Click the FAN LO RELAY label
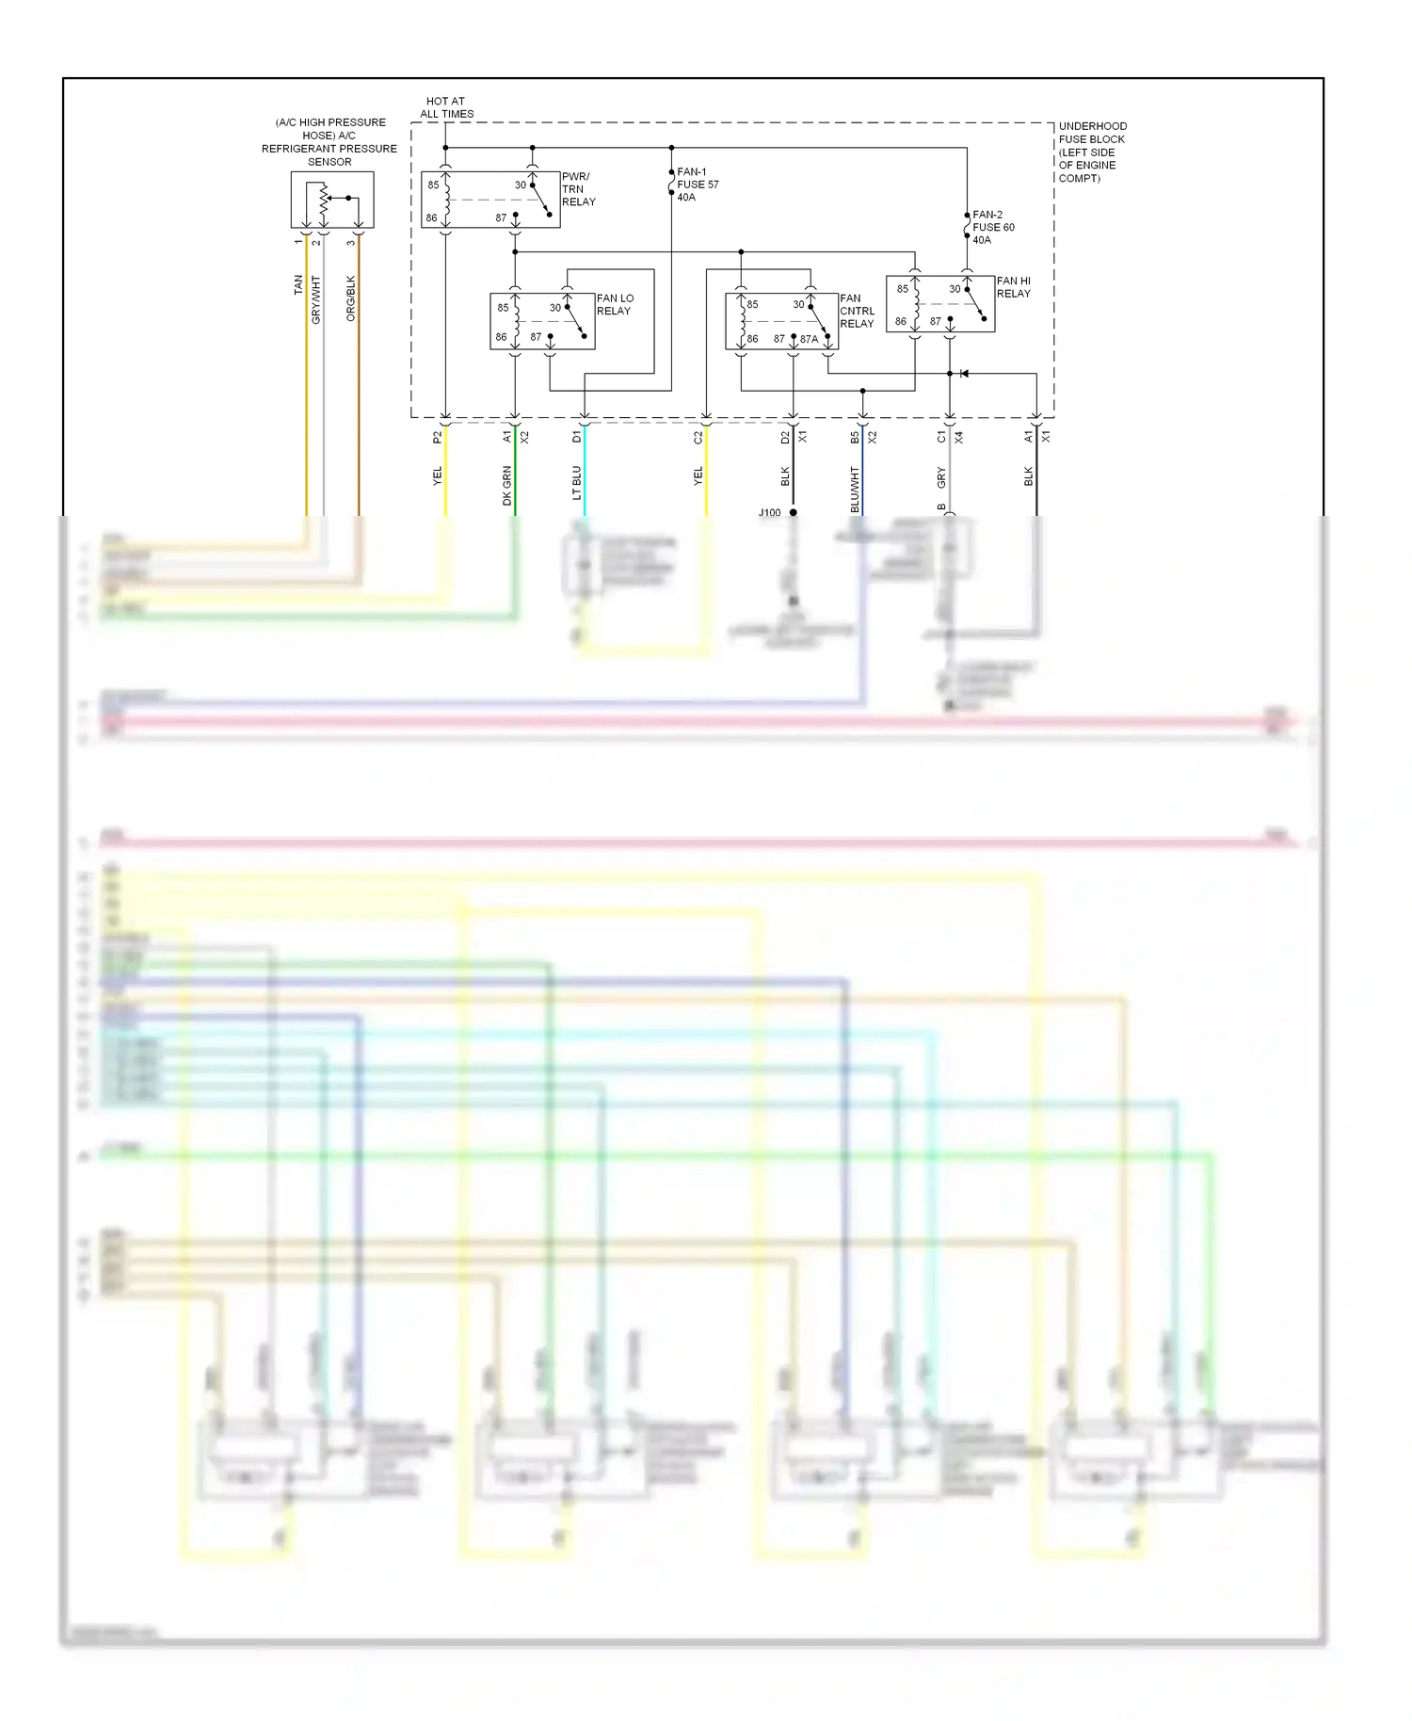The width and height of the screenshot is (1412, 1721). click(614, 304)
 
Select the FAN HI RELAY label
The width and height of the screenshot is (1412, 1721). click(1013, 287)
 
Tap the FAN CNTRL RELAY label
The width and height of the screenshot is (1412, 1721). click(857, 311)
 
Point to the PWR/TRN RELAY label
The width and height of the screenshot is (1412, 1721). click(578, 189)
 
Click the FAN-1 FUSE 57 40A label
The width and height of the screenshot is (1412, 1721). click(697, 185)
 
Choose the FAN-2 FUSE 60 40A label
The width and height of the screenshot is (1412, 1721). click(992, 227)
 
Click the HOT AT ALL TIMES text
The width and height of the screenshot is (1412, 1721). click(446, 107)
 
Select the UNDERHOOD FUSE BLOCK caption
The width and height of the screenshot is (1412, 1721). click(1091, 152)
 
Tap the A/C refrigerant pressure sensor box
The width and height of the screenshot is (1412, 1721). click(332, 200)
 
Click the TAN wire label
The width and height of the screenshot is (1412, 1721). click(298, 284)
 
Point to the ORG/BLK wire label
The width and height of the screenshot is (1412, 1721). click(351, 298)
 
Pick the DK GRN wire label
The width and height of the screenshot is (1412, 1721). click(507, 486)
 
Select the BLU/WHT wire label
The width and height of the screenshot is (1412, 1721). click(855, 490)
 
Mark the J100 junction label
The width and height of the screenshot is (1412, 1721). click(769, 513)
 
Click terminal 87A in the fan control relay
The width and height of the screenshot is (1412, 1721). click(809, 339)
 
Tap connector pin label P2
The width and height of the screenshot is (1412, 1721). click(437, 438)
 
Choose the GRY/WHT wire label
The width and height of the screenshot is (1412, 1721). click(316, 299)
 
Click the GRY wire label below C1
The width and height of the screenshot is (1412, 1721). click(940, 477)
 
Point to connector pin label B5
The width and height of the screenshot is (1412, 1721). click(855, 438)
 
